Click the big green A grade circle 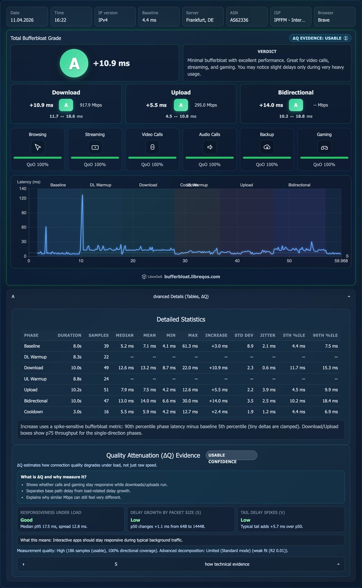(x=74, y=63)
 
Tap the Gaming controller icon (x=324, y=147)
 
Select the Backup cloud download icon (x=267, y=147)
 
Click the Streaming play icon (x=95, y=147)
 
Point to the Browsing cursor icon (x=38, y=147)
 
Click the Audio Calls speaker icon (x=209, y=147)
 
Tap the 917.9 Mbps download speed (x=91, y=105)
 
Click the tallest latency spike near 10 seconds (x=82, y=195)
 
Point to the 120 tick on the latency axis (x=23, y=198)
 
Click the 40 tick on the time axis (x=237, y=261)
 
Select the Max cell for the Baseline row (x=190, y=346)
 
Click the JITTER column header (x=268, y=335)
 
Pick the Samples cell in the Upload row (x=106, y=390)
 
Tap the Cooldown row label (x=33, y=412)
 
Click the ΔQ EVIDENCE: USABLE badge (x=320, y=38)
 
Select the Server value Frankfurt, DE (x=200, y=20)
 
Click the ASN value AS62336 (x=239, y=20)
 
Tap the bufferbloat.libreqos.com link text (x=192, y=277)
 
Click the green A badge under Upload (x=181, y=105)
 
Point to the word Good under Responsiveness (x=26, y=520)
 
